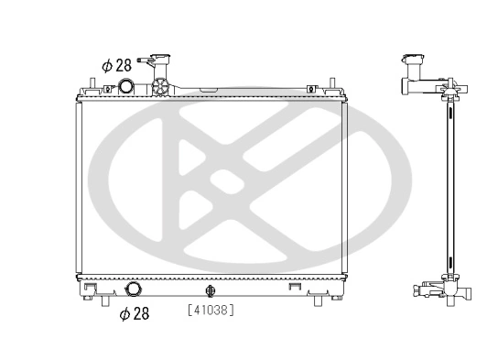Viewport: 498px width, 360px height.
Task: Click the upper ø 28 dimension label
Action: point(116,65)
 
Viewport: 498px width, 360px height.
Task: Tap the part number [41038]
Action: point(211,311)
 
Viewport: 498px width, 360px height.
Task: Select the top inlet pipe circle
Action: point(126,88)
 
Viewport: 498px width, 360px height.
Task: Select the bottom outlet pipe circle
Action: point(135,289)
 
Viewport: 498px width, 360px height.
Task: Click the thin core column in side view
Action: point(450,183)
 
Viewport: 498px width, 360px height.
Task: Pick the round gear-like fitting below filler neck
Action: point(162,90)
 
